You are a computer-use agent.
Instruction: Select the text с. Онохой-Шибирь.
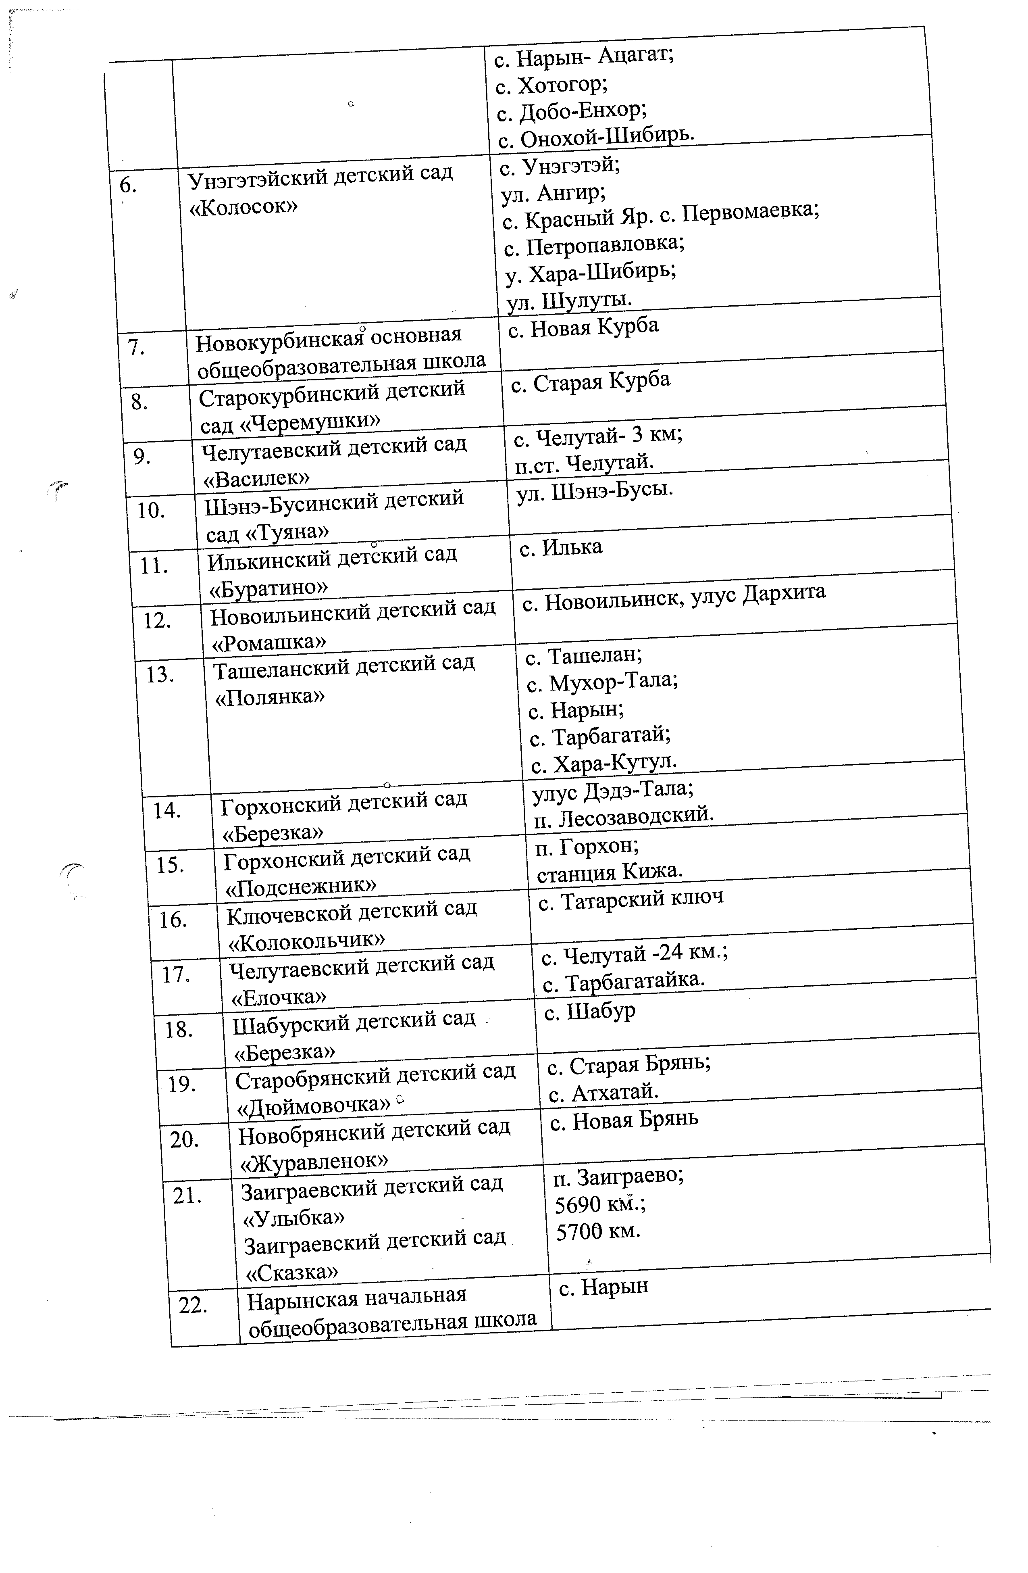[x=596, y=137]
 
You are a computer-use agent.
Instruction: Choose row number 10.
[x=151, y=511]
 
